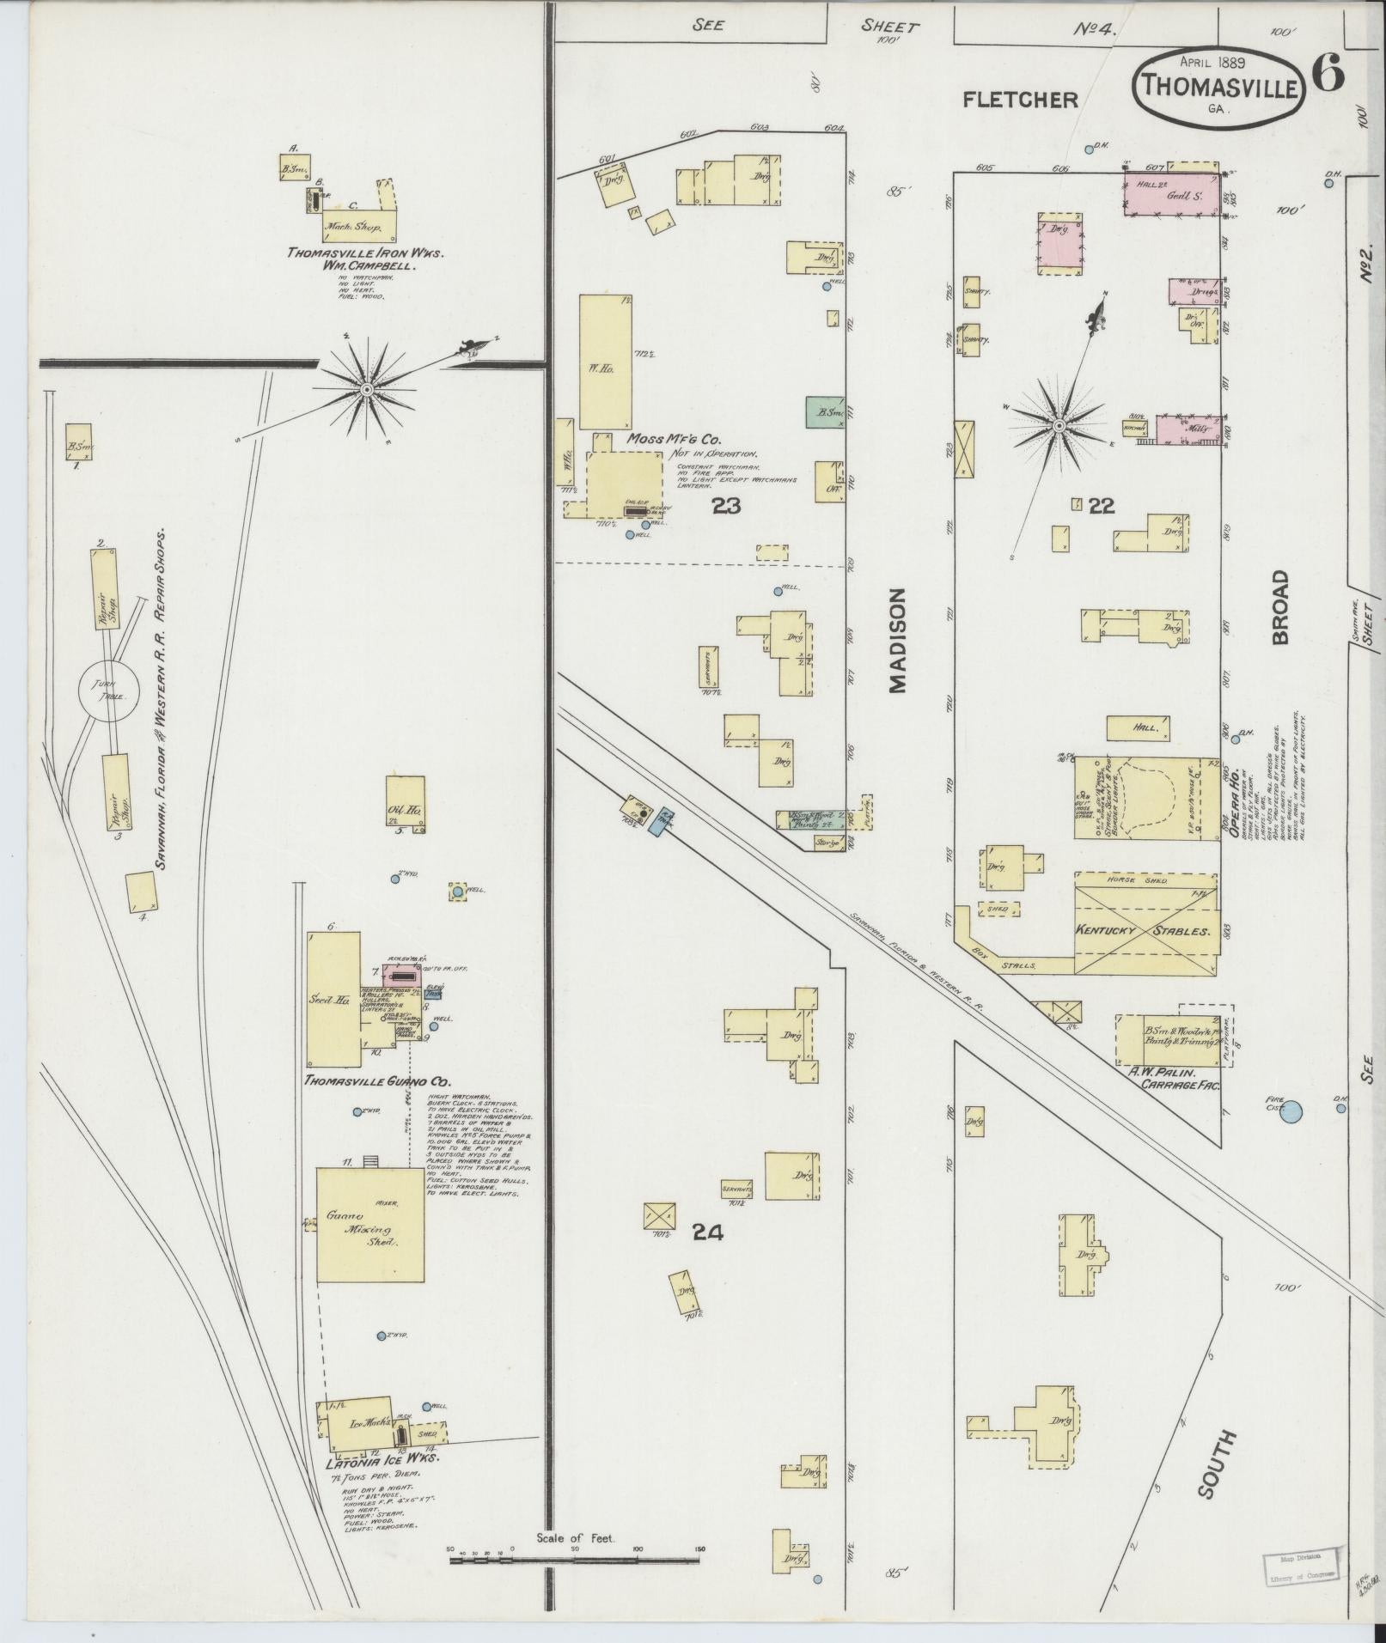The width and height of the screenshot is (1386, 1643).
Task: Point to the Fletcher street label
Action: pyautogui.click(x=1020, y=100)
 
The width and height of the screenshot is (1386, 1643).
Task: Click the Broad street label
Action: pyautogui.click(x=1281, y=606)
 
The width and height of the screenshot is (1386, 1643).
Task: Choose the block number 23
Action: pyautogui.click(x=726, y=506)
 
